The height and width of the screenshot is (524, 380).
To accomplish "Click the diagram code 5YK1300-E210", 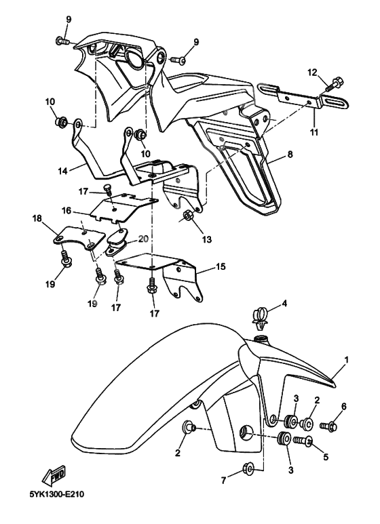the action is [x=56, y=494].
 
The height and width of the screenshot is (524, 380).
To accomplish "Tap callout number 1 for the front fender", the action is [x=347, y=360].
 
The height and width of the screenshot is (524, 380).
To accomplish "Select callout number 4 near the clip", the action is [x=284, y=304].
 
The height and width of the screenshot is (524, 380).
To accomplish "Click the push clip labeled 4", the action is [x=260, y=319].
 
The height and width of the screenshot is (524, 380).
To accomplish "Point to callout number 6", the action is [x=343, y=406].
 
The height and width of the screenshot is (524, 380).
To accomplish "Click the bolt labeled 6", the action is [x=329, y=426].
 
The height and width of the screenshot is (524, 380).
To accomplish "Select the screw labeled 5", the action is [x=303, y=441].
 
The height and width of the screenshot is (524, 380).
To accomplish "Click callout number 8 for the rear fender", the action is [x=290, y=154].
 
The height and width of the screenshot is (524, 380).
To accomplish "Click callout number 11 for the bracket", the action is [x=313, y=132].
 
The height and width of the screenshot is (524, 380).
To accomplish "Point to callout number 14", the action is [x=63, y=171].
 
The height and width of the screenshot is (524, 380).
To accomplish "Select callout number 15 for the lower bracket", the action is [x=221, y=266].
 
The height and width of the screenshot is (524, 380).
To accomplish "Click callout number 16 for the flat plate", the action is [x=66, y=211].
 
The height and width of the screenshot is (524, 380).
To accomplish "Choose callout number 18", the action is [x=37, y=218].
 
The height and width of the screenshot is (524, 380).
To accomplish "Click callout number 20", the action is [x=142, y=239].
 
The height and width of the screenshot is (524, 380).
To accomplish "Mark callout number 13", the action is [x=207, y=239].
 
